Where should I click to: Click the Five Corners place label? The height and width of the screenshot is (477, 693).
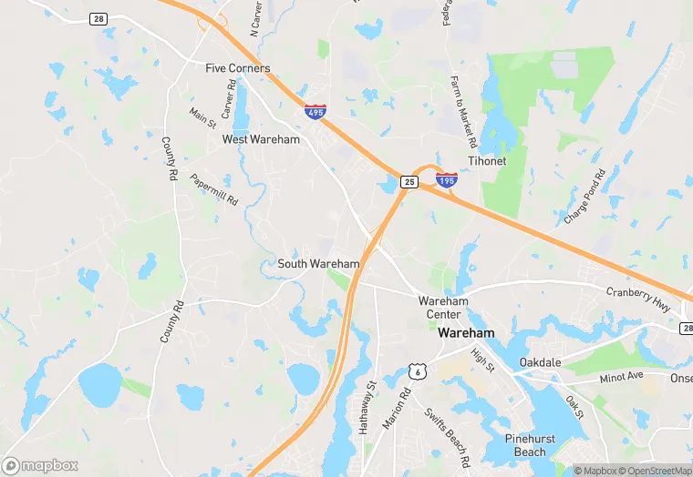(x=237, y=68)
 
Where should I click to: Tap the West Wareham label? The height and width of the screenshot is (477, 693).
(x=261, y=139)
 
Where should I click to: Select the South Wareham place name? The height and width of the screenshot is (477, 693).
(x=318, y=264)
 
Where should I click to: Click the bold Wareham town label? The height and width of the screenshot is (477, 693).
(x=466, y=333)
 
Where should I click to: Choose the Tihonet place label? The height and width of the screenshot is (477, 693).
(x=487, y=161)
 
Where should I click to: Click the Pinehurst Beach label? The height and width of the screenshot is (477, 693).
(x=530, y=445)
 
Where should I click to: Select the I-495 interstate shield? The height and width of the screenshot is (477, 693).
(x=315, y=111)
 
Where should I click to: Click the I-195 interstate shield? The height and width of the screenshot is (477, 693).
(x=447, y=180)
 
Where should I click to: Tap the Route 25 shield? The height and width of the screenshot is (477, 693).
(x=409, y=182)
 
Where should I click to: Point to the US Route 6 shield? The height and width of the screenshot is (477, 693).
(x=418, y=370)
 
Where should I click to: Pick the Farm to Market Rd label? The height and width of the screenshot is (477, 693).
(x=464, y=112)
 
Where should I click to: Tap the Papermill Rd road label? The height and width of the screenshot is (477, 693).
(x=214, y=188)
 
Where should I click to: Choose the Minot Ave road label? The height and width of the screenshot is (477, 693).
(x=622, y=375)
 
